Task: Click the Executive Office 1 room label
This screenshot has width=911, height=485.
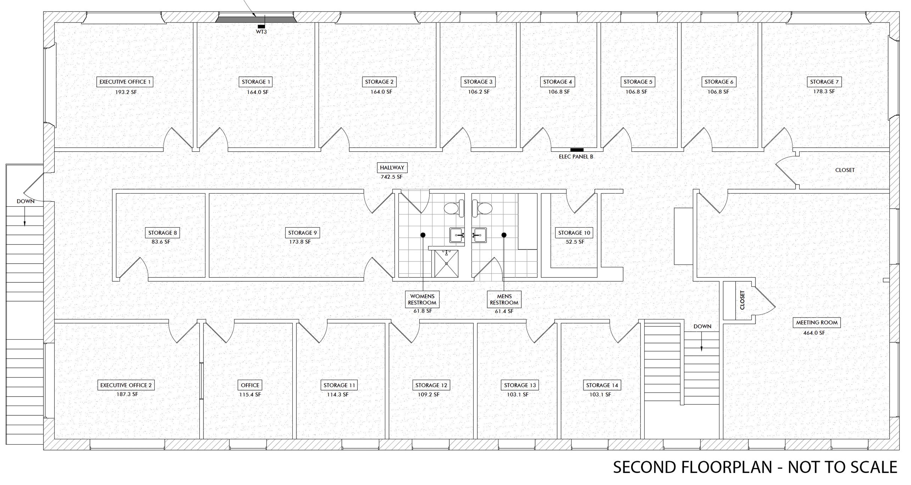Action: click(125, 82)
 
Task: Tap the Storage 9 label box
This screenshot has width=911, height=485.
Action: click(302, 233)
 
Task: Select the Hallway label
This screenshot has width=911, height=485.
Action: click(392, 167)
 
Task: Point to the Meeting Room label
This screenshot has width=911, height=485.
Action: click(817, 322)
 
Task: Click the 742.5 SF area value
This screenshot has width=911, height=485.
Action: click(392, 177)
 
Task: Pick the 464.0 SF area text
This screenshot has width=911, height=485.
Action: click(814, 333)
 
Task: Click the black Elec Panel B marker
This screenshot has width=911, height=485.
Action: click(577, 150)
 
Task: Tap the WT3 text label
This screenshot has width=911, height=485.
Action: click(261, 32)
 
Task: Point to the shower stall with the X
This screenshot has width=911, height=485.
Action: click(446, 264)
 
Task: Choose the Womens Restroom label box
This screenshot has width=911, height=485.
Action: click(422, 299)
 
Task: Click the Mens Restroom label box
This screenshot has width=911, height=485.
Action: click(504, 299)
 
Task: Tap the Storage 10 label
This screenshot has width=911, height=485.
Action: click(574, 233)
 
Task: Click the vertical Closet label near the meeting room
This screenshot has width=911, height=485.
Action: click(742, 300)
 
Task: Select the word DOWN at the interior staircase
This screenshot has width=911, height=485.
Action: click(702, 327)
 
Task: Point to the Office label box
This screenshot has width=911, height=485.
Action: click(250, 385)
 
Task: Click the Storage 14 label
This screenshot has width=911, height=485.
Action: click(602, 385)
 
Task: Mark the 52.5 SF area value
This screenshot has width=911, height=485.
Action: click(575, 242)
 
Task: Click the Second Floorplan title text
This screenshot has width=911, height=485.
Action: click(755, 467)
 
